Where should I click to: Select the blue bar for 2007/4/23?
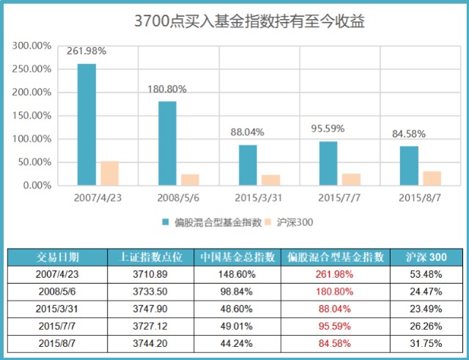point(87,125)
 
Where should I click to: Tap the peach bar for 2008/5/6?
point(190,180)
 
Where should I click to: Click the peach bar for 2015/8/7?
point(432,178)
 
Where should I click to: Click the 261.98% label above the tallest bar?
point(86,51)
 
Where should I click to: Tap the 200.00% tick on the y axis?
point(32,92)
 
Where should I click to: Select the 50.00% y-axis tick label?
point(34,162)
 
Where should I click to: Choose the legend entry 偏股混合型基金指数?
point(211,221)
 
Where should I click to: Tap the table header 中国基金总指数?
point(237,257)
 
